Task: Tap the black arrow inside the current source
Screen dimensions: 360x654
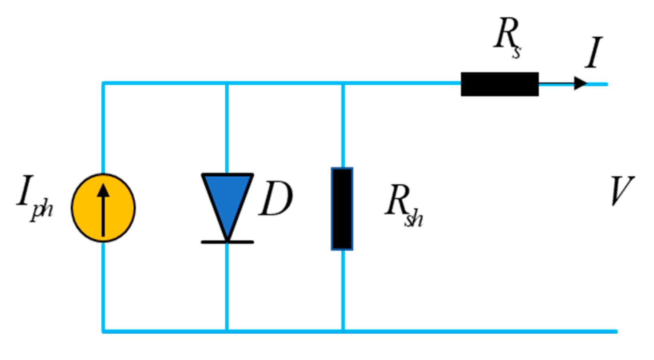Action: [103, 209]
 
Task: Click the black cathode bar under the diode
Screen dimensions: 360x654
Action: [227, 242]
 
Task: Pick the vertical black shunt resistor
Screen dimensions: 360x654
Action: [342, 209]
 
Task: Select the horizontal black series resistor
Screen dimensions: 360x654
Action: [499, 84]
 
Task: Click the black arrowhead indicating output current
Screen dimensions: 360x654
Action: [580, 84]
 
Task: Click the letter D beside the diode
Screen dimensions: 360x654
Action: [276, 199]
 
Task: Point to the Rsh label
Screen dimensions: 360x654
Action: [404, 206]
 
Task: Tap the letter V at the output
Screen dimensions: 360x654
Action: [622, 191]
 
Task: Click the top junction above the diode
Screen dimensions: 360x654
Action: [227, 84]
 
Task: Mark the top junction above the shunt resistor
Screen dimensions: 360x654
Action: [343, 84]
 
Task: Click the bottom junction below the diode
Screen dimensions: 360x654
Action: [227, 331]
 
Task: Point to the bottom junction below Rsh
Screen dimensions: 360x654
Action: [343, 331]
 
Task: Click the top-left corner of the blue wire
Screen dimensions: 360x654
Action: [103, 84]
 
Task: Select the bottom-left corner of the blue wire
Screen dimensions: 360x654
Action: [103, 331]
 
